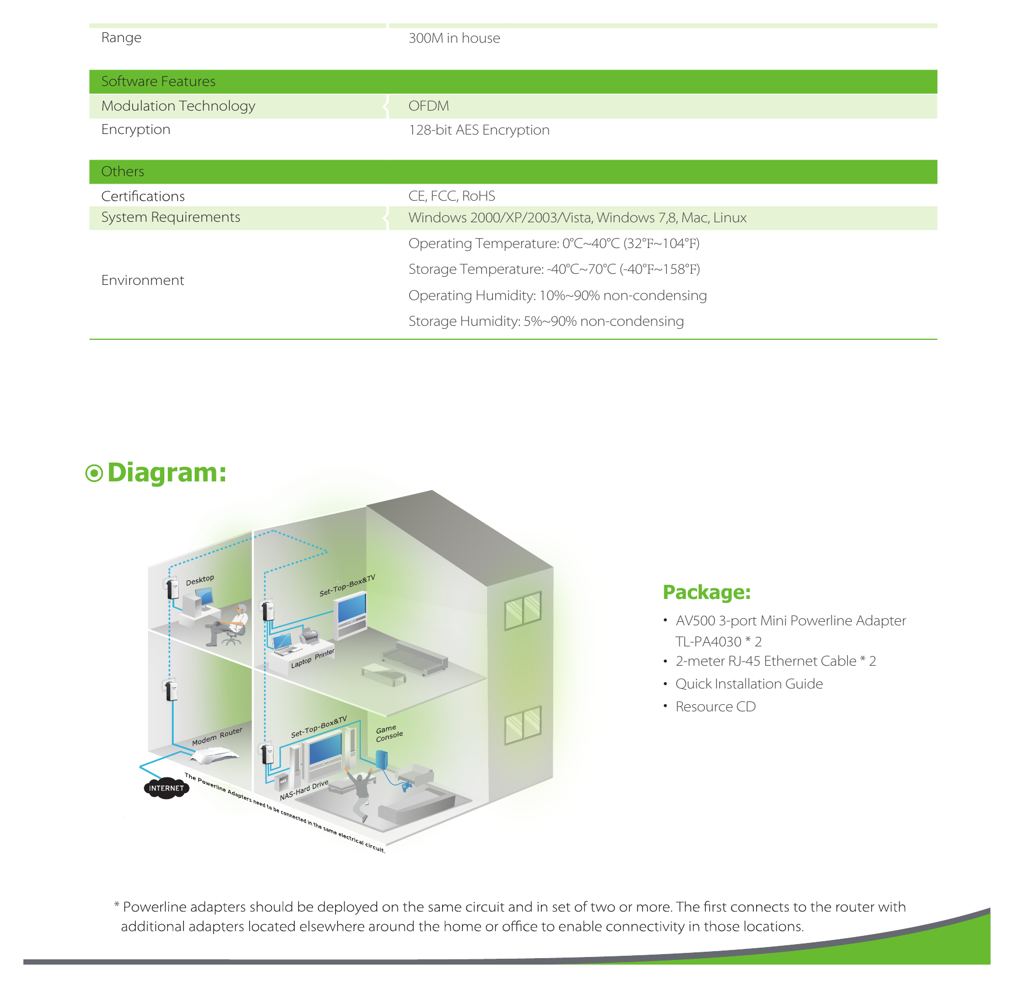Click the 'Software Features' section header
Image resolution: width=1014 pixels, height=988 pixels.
(158, 81)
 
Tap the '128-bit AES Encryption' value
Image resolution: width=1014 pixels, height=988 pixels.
(479, 130)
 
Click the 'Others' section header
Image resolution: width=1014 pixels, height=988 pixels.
(122, 171)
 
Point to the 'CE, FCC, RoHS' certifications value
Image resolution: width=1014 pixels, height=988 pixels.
(451, 196)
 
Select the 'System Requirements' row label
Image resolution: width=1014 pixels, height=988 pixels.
(171, 217)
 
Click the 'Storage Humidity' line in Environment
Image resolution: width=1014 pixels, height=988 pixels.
(546, 321)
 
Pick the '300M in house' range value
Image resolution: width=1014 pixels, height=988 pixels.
(454, 38)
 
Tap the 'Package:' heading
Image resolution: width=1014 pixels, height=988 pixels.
(706, 592)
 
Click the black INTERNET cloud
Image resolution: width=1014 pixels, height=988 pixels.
(166, 788)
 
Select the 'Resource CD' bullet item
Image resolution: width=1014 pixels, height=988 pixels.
(715, 707)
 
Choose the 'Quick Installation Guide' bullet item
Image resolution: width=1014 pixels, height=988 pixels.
(749, 684)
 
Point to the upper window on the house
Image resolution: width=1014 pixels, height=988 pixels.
(523, 610)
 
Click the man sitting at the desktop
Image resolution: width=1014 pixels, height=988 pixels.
(229, 625)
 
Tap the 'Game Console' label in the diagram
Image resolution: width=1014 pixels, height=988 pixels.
(389, 734)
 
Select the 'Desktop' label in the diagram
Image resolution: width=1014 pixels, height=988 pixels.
(200, 580)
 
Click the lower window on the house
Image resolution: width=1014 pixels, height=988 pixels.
(523, 725)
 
